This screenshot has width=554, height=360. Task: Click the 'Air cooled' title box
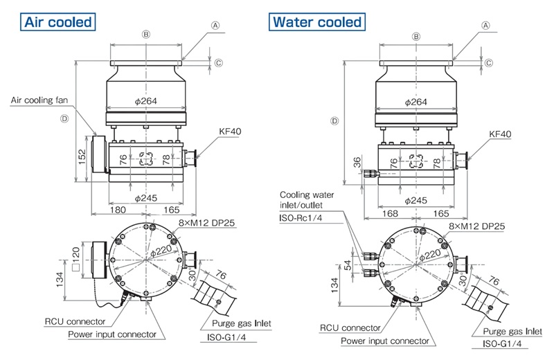[58, 21]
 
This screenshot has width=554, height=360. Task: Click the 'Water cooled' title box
[317, 21]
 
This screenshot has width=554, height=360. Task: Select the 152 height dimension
[80, 157]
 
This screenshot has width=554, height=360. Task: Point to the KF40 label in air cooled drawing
[229, 132]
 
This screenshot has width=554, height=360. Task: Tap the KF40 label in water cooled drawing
[500, 134]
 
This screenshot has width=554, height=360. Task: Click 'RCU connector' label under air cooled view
[75, 321]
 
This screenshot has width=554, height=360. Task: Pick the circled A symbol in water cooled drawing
[486, 24]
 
